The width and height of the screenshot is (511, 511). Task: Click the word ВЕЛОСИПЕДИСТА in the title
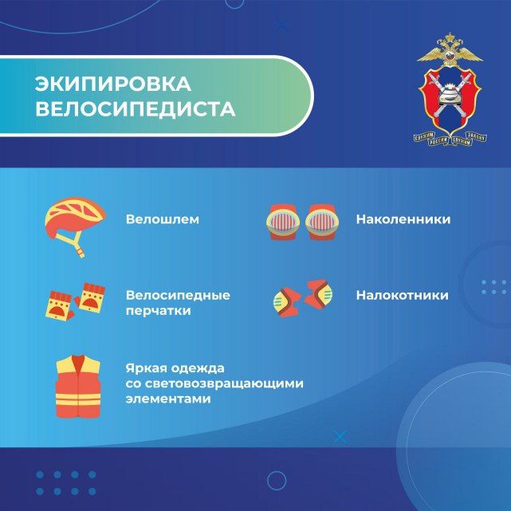coord(135,109)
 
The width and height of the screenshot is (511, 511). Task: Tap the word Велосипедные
coord(178,295)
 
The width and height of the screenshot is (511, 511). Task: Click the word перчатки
coord(158,311)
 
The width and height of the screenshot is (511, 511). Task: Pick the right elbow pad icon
coord(316,293)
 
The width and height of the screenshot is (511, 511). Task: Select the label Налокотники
coord(402,295)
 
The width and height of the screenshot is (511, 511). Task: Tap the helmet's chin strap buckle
coord(81,253)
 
